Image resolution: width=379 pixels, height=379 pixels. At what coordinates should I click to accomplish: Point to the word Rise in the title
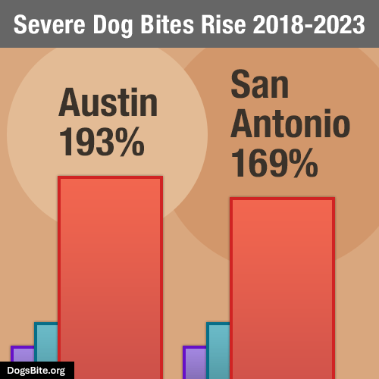click(x=227, y=25)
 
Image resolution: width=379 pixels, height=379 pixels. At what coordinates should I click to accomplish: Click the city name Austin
click(x=108, y=103)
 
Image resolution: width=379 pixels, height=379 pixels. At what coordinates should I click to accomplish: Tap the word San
click(x=260, y=86)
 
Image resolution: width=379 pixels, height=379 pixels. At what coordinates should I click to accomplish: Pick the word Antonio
click(x=291, y=124)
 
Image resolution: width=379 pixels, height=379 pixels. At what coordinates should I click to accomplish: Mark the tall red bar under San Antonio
click(x=283, y=288)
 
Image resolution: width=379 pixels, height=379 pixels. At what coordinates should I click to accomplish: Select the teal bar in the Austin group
click(x=46, y=349)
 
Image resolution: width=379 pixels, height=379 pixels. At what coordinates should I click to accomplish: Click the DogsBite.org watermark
click(x=36, y=371)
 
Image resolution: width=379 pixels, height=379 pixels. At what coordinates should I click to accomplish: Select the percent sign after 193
click(x=130, y=142)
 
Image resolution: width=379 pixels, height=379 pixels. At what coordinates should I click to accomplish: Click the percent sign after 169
click(x=302, y=162)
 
